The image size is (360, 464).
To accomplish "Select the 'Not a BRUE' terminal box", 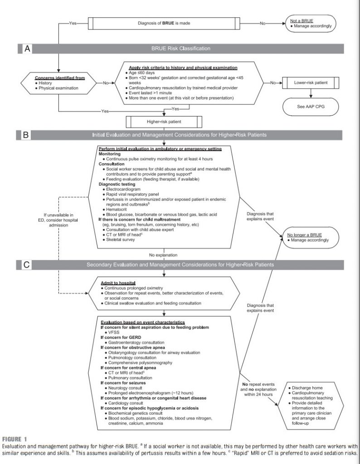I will tap(311, 23).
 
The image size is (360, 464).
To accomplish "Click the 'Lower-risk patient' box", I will tap(311, 83).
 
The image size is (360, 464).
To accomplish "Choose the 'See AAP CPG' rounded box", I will tap(311, 106).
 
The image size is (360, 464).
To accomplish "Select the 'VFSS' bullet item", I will tap(111, 332).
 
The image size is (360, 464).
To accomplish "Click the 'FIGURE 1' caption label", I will tap(14, 440).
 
